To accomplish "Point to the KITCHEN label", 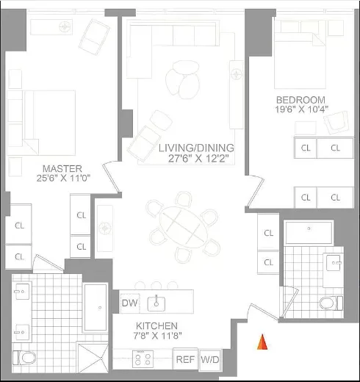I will pyautogui.click(x=156, y=325).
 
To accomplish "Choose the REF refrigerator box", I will pyautogui.click(x=184, y=359).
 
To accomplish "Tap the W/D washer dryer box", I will pyautogui.click(x=209, y=359).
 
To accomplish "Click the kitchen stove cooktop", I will pyautogui.click(x=142, y=359).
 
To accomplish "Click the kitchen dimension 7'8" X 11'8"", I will pyautogui.click(x=156, y=336).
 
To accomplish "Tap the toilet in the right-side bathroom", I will pyautogui.click(x=331, y=303).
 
